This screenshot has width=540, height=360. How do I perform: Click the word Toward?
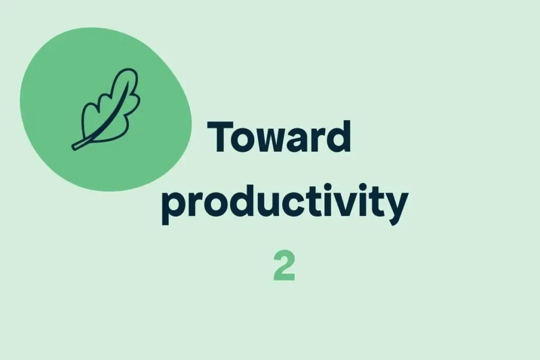[x=280, y=137]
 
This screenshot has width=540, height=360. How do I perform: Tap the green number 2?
[x=284, y=267]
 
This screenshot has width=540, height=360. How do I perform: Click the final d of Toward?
[x=339, y=137]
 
